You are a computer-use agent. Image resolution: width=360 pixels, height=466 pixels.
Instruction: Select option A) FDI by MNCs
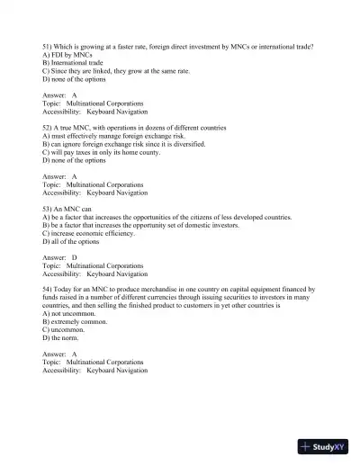coord(67,54)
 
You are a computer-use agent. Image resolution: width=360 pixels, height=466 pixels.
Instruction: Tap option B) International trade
coord(73,62)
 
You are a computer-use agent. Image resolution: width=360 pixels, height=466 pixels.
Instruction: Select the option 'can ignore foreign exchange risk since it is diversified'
coord(123,143)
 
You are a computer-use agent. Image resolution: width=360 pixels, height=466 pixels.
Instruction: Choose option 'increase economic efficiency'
coord(89,233)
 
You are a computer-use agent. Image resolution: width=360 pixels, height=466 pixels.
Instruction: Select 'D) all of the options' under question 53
coord(76,241)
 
